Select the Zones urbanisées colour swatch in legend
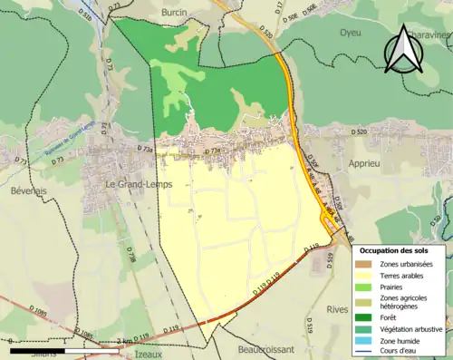pyautogui.click(x=368, y=264)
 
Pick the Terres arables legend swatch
pyautogui.click(x=368, y=276)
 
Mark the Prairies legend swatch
pyautogui.click(x=368, y=287)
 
